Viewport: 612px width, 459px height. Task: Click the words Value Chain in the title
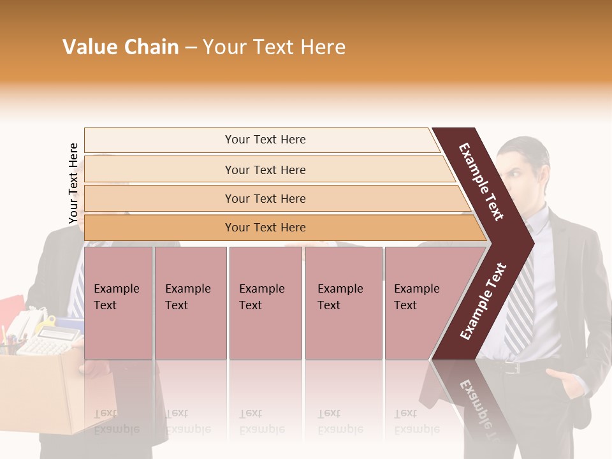tap(120, 47)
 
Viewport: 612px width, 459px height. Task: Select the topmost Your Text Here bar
tap(265, 140)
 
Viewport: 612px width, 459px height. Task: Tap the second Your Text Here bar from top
tap(265, 170)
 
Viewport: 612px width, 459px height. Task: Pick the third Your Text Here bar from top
tap(265, 198)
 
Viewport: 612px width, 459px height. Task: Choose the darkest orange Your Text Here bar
tap(265, 228)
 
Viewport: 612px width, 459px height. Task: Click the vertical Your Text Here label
tap(73, 184)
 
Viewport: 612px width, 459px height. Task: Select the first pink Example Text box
tap(118, 302)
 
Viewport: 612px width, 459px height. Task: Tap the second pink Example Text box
tap(190, 302)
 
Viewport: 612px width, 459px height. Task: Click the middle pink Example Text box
tap(265, 302)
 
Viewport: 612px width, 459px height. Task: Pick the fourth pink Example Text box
tap(343, 302)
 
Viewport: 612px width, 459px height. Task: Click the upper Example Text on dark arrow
tap(481, 182)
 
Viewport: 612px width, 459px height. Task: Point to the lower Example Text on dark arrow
tap(483, 301)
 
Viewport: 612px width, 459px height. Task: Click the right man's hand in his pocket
tap(567, 382)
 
